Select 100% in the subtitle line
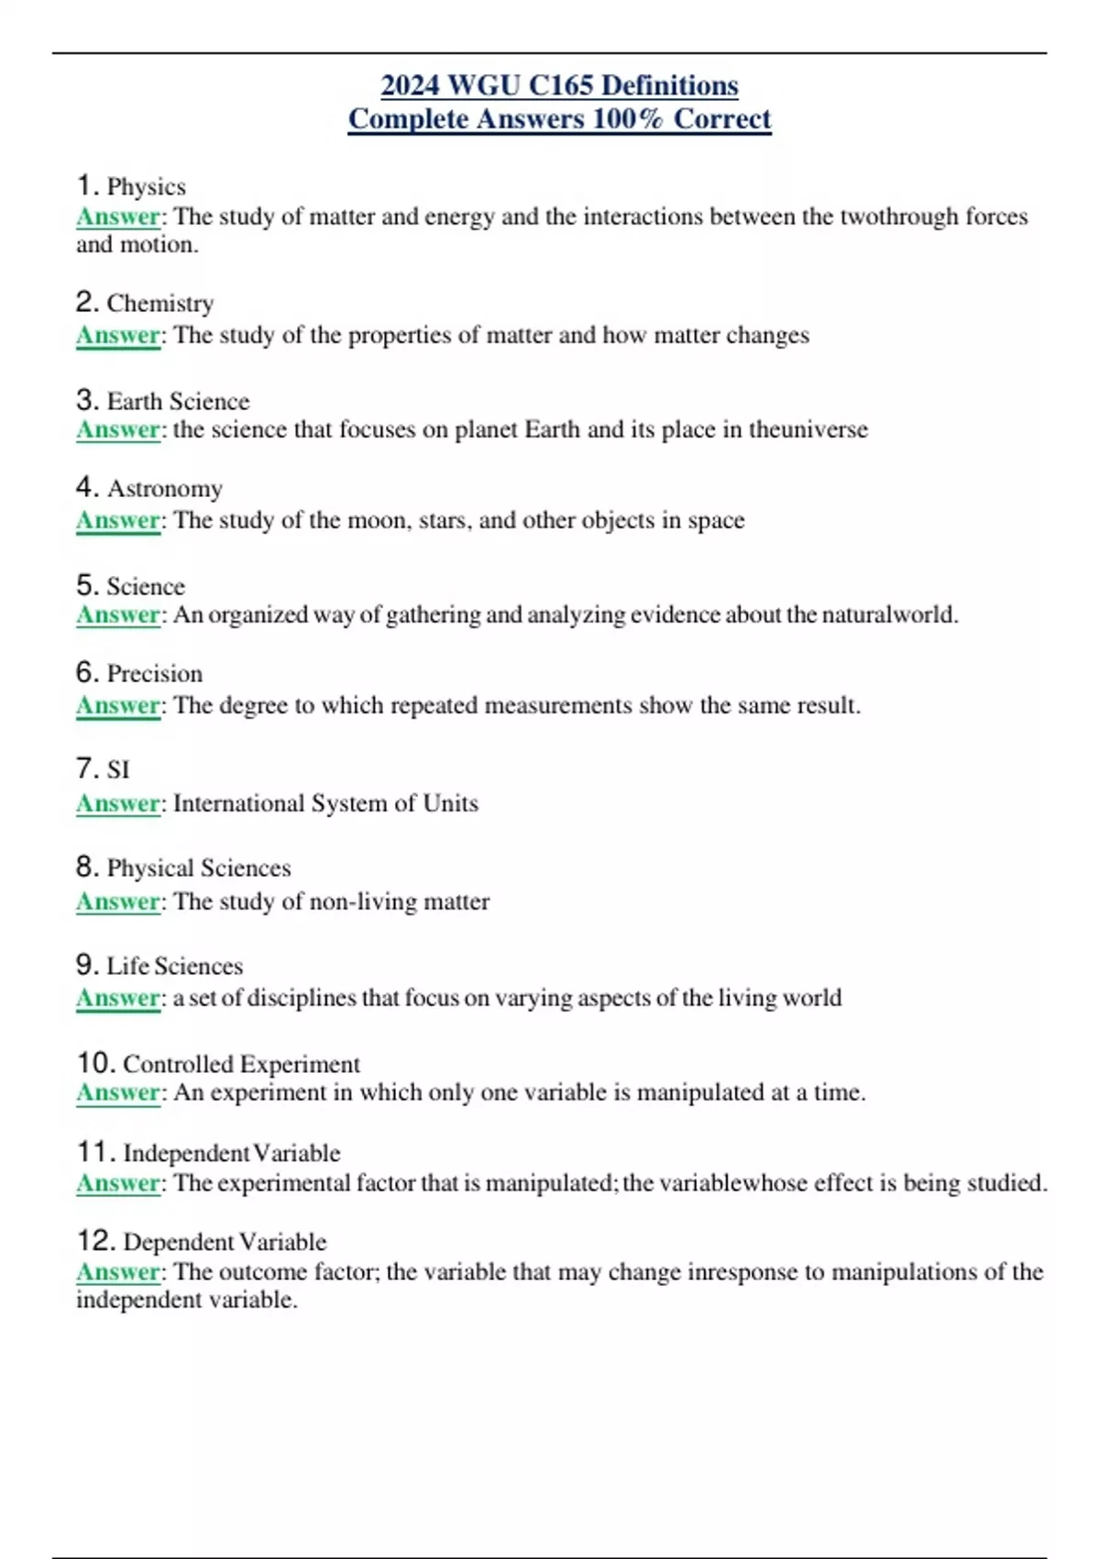[628, 119]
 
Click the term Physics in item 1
[147, 187]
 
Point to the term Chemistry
[160, 304]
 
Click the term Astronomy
[165, 489]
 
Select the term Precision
[155, 674]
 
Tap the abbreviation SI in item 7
[118, 769]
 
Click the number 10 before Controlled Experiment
[96, 1064]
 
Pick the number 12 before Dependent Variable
[96, 1242]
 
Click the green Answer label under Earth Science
[118, 430]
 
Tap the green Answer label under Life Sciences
[118, 998]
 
